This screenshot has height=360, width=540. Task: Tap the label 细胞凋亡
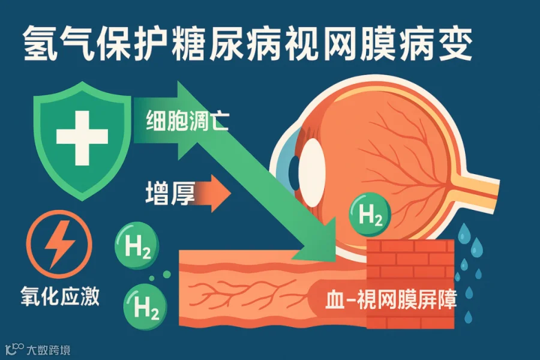pyautogui.click(x=187, y=122)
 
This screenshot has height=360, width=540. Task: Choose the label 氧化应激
pyautogui.click(x=58, y=296)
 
